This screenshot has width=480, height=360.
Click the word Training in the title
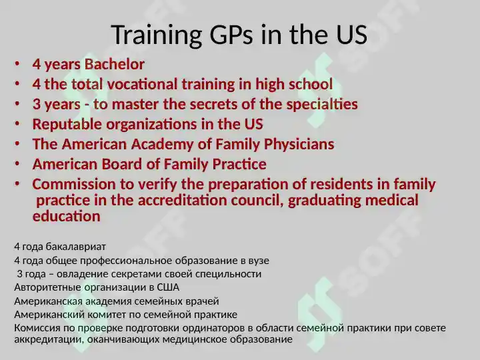pyautogui.click(x=157, y=35)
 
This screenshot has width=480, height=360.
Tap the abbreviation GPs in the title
pyautogui.click(x=231, y=34)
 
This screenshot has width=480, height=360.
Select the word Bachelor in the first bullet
pyautogui.click(x=115, y=64)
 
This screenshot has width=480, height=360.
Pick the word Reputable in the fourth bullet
pyautogui.click(x=67, y=125)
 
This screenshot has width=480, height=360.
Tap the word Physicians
pyautogui.click(x=299, y=145)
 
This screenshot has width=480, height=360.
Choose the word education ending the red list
pyautogui.click(x=67, y=217)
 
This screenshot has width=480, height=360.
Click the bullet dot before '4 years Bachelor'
pyautogui.click(x=17, y=64)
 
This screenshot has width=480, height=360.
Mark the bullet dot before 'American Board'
pyautogui.click(x=17, y=164)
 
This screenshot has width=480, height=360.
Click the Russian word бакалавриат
pyautogui.click(x=76, y=247)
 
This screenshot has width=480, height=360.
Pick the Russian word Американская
pyautogui.click(x=49, y=301)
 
